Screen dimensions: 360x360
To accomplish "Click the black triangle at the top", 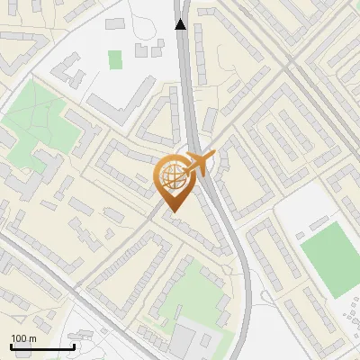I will [x=182, y=24].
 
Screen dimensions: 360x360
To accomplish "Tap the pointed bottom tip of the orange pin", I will [x=171, y=211].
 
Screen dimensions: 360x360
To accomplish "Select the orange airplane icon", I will [x=200, y=163].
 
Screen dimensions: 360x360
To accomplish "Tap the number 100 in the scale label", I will [x=19, y=338].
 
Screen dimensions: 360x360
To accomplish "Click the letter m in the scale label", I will [x=32, y=338].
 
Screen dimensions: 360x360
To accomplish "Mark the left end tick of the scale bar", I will [x=11, y=345].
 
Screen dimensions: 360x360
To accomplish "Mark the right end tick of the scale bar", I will [x=74, y=345].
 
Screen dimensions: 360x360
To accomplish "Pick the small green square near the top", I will [x=115, y=59].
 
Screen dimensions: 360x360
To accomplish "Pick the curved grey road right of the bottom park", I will [x=244, y=297].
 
